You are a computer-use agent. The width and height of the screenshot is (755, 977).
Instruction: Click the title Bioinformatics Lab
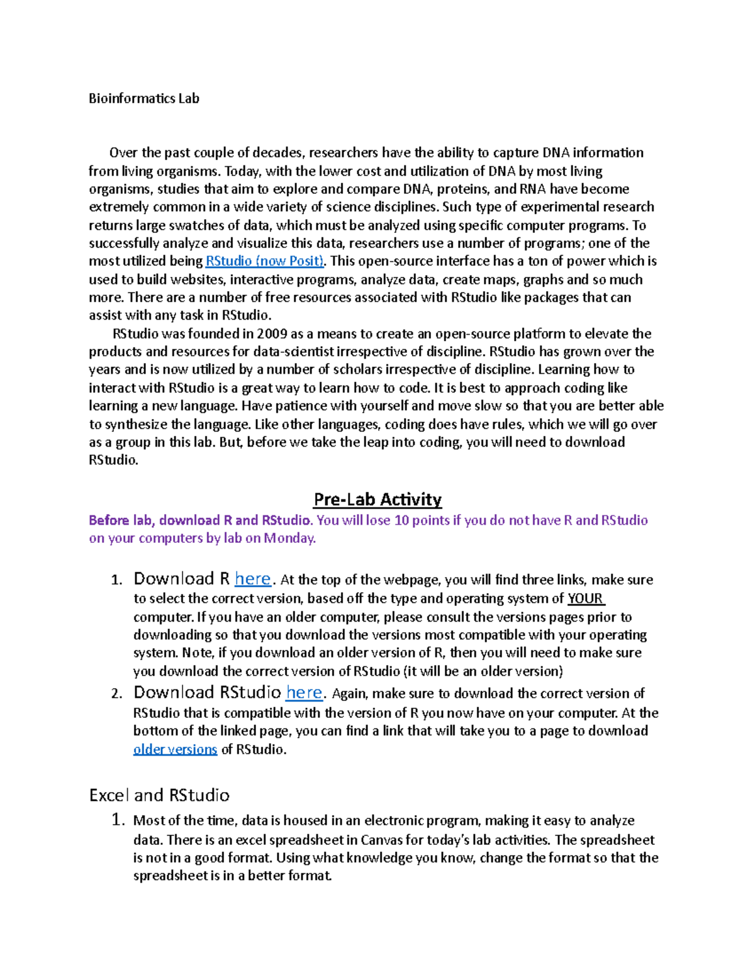[x=143, y=98]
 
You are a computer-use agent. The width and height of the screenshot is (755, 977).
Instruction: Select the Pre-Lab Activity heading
[x=377, y=500]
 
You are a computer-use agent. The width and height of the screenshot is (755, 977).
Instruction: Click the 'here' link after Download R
[x=252, y=579]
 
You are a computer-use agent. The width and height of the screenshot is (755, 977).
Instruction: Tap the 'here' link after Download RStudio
[x=304, y=693]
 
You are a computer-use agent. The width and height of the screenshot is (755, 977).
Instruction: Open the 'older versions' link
[x=175, y=749]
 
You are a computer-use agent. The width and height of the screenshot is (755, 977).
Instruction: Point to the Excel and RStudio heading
[x=159, y=795]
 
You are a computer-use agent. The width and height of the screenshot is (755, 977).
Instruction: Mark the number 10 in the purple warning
[x=401, y=520]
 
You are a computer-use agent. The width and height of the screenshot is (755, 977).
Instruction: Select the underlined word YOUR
[x=585, y=598]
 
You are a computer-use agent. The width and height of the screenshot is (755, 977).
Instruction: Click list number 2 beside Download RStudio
[x=116, y=694]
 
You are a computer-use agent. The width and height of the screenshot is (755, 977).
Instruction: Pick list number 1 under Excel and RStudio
[x=118, y=820]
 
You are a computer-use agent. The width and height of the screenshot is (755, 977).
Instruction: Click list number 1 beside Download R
[x=116, y=580]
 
